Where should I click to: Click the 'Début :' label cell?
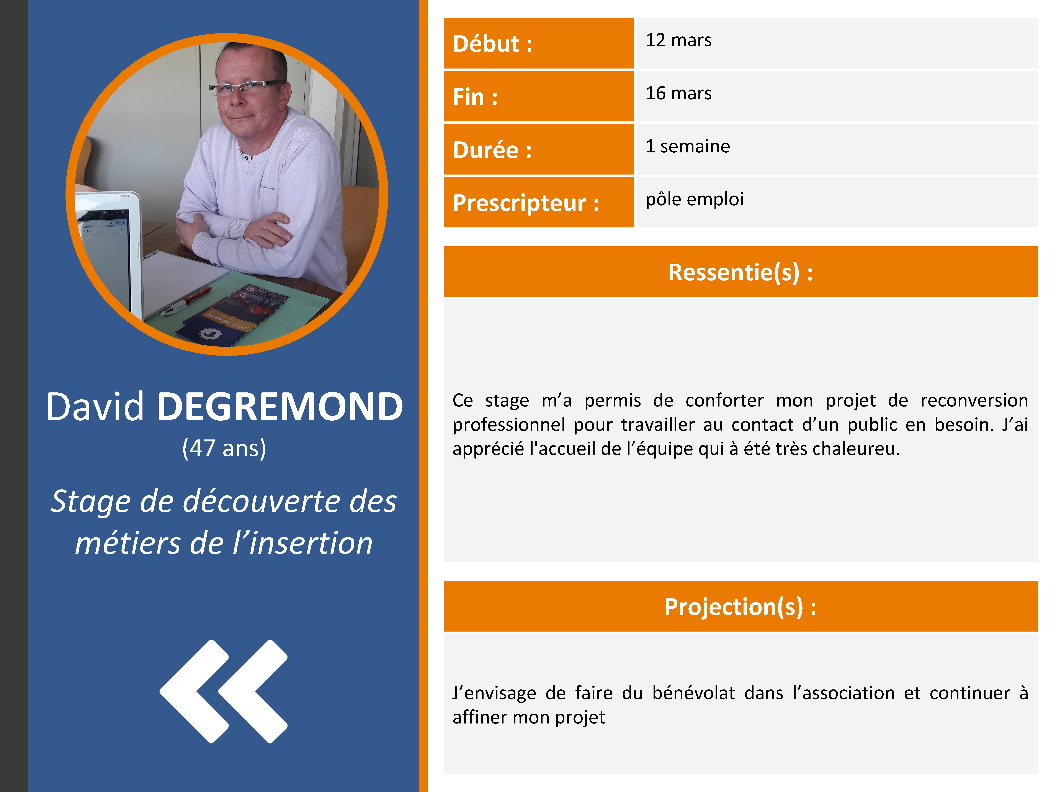point(538,43)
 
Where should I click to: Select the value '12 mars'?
point(678,40)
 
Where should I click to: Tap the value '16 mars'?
point(678,93)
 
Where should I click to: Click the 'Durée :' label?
point(492,150)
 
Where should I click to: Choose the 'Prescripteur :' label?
point(526,203)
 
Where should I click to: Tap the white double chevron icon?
point(223,691)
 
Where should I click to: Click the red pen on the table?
point(186,302)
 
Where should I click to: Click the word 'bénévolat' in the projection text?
point(694,693)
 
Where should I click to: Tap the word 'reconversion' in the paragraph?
point(974,400)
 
